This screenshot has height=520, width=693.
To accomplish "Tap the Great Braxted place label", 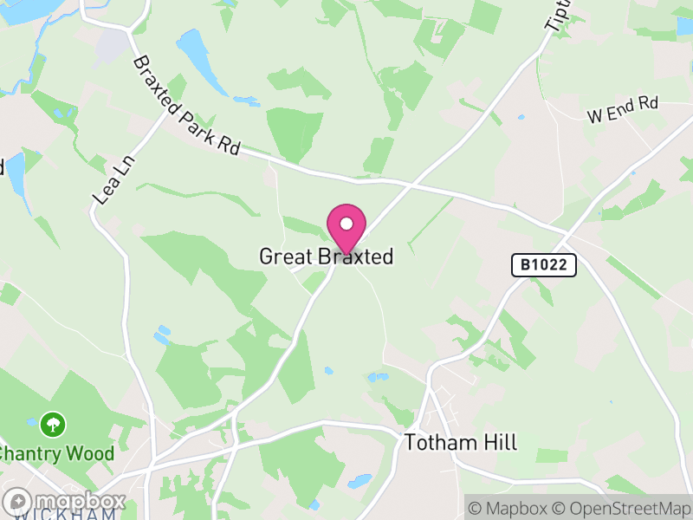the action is click(326, 257).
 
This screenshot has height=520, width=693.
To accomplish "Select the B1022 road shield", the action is click(543, 265).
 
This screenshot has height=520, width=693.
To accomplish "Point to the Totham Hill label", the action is click(460, 443).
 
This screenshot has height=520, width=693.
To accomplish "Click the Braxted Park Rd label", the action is click(185, 106).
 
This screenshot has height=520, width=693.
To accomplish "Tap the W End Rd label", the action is click(622, 110).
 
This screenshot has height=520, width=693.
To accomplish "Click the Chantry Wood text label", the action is click(55, 453).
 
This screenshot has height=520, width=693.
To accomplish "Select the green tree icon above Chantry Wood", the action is click(54, 424).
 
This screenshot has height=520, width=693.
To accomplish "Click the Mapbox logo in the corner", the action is click(66, 501).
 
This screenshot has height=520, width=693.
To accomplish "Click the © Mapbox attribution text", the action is click(508, 507).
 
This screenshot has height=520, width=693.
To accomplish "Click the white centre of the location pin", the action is click(346, 224).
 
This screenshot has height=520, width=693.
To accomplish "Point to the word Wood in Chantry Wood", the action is click(93, 453).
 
